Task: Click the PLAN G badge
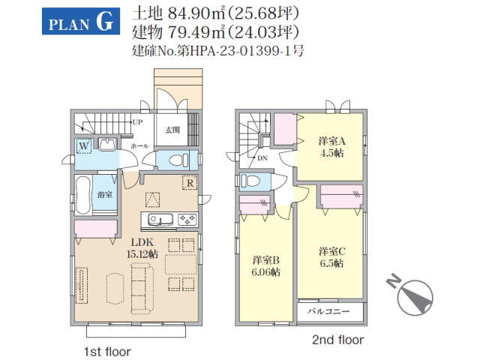point(81,21)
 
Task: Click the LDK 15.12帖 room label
point(142,248)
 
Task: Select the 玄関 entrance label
point(172,130)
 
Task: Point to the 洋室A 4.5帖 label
point(331,147)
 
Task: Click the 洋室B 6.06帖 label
point(265,266)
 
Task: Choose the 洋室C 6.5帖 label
point(331,257)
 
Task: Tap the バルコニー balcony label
point(328,311)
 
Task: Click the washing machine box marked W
point(84,146)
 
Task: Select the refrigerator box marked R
point(190,183)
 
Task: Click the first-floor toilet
point(179,160)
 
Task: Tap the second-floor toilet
point(250,181)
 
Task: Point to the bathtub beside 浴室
point(83,195)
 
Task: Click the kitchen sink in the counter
point(160,220)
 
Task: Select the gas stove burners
point(187,220)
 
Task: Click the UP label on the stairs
point(138,122)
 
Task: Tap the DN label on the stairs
point(262,158)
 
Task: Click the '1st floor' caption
point(107,352)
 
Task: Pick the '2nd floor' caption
point(338,340)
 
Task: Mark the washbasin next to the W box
point(107,144)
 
